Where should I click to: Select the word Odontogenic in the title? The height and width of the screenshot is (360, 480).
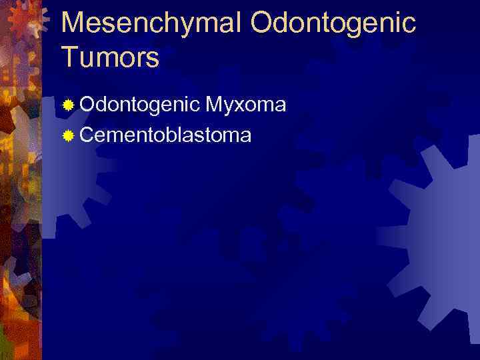[x=333, y=23]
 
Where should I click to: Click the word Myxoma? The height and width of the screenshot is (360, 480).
[x=246, y=105]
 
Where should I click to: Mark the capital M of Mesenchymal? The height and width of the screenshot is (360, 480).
[x=74, y=23]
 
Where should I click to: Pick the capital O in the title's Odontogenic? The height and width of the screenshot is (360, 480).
[x=263, y=23]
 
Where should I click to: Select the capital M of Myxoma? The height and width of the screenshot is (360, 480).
[x=215, y=105]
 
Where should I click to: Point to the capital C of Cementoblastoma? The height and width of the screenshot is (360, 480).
[x=88, y=135]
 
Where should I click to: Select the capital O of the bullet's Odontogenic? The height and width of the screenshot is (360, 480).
[x=88, y=105]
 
